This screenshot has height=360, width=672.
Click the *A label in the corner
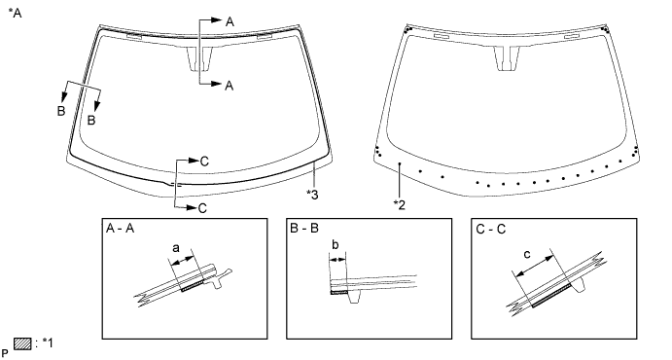pyautogui.click(x=15, y=13)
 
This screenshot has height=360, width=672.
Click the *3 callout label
pyautogui.click(x=312, y=195)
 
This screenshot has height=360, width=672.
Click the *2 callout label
pyautogui.click(x=399, y=205)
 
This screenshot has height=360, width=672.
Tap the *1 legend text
pyautogui.click(x=47, y=342)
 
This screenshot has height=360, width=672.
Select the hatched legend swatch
pyautogui.click(x=22, y=343)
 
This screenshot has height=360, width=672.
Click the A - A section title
pyautogui.click(x=120, y=229)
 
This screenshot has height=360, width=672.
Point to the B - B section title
pyautogui.click(x=304, y=229)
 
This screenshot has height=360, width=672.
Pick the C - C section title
pyautogui.click(x=491, y=230)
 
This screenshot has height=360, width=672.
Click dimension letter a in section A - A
pyautogui.click(x=176, y=248)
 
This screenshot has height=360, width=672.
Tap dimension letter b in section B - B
pyautogui.click(x=336, y=245)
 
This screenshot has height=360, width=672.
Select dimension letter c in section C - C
pyautogui.click(x=527, y=255)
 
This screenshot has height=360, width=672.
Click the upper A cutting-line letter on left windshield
pyautogui.click(x=230, y=21)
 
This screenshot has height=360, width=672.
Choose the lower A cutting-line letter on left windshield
pyautogui.click(x=230, y=86)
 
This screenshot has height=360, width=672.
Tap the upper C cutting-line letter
pyautogui.click(x=204, y=162)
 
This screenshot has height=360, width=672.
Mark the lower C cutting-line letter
pyautogui.click(x=202, y=208)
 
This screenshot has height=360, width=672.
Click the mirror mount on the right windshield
pyautogui.click(x=507, y=58)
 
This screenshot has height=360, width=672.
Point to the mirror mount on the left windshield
pyautogui.click(x=199, y=58)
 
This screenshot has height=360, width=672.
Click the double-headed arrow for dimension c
pyautogui.click(x=535, y=266)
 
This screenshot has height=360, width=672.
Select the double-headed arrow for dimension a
pyautogui.click(x=183, y=260)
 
